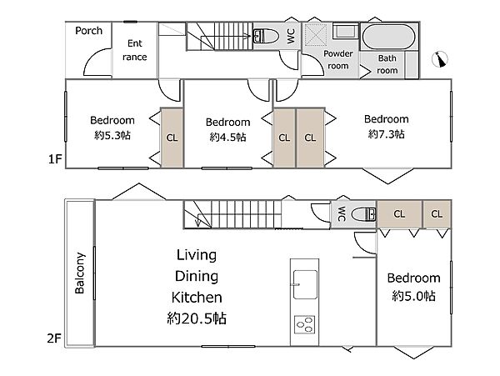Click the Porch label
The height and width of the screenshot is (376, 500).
[88, 31]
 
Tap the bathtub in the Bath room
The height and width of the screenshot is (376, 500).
[388, 37]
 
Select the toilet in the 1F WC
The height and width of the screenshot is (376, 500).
[266, 36]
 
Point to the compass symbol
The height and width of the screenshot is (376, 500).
[440, 59]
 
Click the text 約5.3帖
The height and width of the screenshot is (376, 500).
[112, 135]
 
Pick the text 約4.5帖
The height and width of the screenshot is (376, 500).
[227, 137]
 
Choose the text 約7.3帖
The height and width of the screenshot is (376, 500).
[386, 134]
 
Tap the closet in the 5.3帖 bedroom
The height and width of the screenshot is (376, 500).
[172, 138]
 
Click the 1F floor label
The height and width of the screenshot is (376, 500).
[54, 158]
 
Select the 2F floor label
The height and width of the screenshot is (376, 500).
[53, 338]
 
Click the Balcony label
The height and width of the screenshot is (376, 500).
[80, 273]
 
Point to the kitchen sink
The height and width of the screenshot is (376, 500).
[305, 284]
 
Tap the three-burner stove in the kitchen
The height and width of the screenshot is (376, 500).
[304, 324]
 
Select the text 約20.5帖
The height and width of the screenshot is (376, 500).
[197, 318]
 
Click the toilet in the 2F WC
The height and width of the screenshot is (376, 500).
[363, 214]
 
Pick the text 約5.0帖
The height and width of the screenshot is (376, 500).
[413, 296]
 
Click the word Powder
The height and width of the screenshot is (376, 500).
[338, 53]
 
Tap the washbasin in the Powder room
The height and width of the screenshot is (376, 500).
[346, 32]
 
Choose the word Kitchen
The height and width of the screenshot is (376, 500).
[197, 298]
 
